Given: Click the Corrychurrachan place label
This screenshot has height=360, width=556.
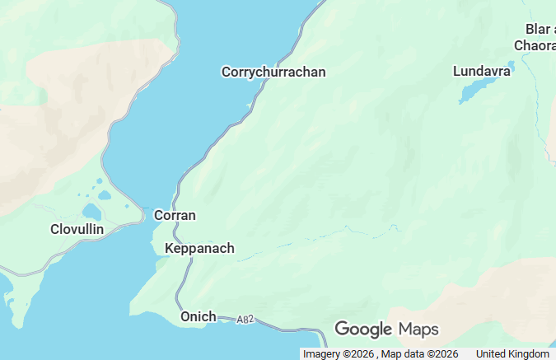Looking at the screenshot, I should [x=273, y=72].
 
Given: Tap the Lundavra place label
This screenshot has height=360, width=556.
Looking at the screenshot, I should [x=483, y=72].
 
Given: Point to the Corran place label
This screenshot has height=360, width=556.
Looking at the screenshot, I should [x=175, y=216].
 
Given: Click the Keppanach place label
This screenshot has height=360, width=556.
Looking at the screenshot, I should [x=199, y=249].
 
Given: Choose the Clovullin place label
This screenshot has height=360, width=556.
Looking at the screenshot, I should [x=77, y=229].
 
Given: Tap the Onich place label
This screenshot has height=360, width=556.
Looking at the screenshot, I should [x=198, y=317].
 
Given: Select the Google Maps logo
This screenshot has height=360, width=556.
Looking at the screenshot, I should [x=386, y=330].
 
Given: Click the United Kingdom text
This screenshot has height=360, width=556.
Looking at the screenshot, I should [x=512, y=354].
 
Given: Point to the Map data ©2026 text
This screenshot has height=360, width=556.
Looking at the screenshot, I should [x=419, y=354].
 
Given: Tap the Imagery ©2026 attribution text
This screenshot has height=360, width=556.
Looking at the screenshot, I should [x=339, y=354].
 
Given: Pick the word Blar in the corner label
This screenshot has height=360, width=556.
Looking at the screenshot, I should [x=537, y=29].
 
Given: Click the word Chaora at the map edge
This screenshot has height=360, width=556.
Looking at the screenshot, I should [x=535, y=46].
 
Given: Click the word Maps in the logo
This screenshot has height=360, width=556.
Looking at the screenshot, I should [x=418, y=330].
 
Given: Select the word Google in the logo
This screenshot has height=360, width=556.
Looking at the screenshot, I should [x=363, y=330].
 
